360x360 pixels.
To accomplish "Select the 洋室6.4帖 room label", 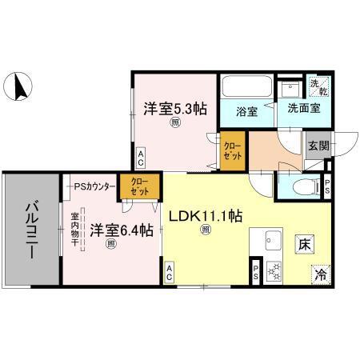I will tap(120, 231).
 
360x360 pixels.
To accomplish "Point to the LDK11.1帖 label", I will tap(205, 214).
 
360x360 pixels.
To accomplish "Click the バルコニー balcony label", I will tap(31, 228).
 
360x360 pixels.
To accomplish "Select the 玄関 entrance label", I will tap(317, 146).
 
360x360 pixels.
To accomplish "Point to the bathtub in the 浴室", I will tap(246, 87).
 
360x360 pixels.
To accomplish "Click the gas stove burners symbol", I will tap(272, 272).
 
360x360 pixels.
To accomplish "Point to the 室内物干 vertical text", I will tap(74, 231).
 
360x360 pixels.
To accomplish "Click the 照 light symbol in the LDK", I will tap(206, 230).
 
